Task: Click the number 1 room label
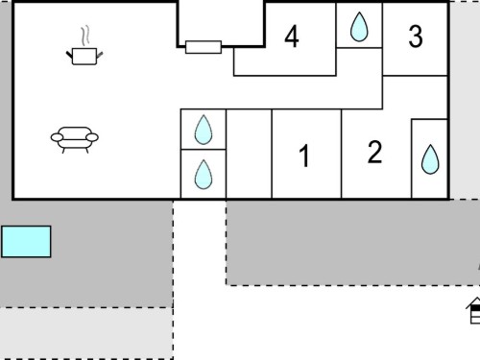point(304,156)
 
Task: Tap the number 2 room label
point(374,152)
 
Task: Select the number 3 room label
point(416,36)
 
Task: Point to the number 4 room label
point(292,36)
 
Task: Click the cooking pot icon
point(84,57)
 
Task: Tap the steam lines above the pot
point(84,36)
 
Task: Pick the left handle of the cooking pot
point(69,55)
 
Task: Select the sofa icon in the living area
point(75,140)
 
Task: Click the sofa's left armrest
point(57,137)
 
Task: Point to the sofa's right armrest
point(92,137)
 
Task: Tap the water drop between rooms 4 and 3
point(359,27)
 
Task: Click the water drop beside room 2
point(430,159)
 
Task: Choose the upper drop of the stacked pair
point(204,130)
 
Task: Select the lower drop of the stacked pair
point(204,174)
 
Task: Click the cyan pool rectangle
point(26,242)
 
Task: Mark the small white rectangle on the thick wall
point(204,47)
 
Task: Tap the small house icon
point(473,310)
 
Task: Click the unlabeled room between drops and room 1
point(249,154)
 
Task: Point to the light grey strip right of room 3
point(465,100)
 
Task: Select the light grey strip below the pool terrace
point(86,333)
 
